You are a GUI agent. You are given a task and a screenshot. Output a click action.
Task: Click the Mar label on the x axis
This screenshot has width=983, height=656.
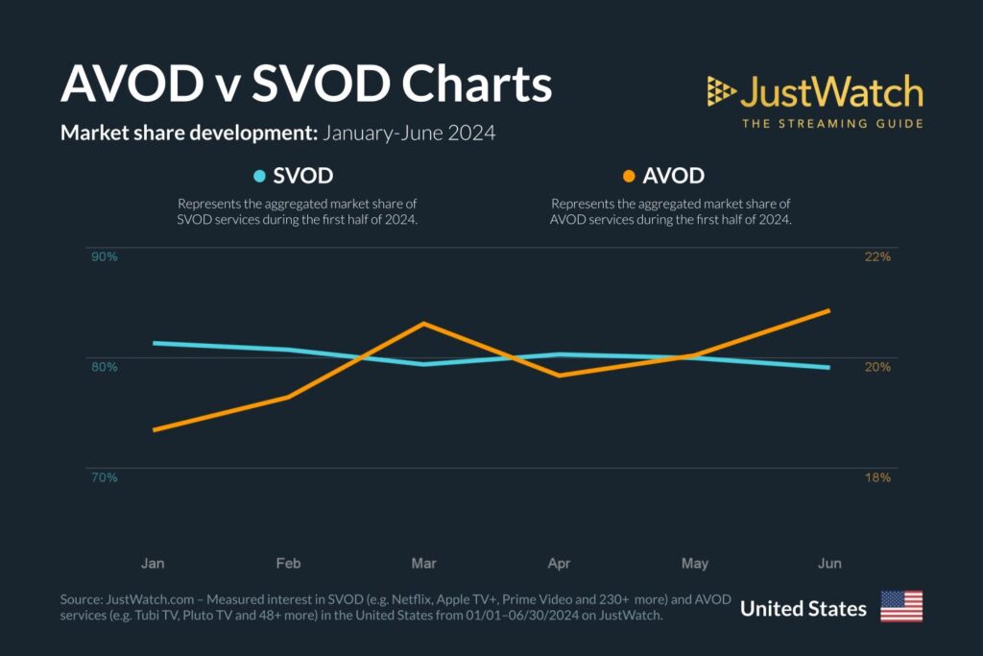(423, 563)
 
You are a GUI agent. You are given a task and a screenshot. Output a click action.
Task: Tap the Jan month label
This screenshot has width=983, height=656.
(153, 563)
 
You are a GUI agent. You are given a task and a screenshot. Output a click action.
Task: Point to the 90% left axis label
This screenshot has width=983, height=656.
(104, 257)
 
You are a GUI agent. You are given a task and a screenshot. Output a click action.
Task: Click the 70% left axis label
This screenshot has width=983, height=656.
(104, 477)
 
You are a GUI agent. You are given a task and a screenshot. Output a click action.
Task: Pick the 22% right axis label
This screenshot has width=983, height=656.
(878, 257)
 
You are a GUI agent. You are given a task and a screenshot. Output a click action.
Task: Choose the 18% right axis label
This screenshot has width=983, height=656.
(878, 477)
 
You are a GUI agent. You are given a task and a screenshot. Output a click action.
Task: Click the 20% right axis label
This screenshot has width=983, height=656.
(878, 366)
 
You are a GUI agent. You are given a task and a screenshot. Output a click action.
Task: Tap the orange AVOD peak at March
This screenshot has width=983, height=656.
(423, 324)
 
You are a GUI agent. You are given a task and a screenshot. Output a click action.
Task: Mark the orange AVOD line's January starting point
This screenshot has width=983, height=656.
(155, 429)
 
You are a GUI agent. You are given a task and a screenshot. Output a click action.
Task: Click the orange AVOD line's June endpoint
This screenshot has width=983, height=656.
(828, 310)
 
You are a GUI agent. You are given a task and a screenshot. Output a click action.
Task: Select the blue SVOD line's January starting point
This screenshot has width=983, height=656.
(155, 343)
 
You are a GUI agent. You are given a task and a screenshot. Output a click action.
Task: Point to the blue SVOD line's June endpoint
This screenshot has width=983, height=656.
(828, 367)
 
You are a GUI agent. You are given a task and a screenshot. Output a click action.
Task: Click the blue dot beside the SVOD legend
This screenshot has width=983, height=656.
(259, 177)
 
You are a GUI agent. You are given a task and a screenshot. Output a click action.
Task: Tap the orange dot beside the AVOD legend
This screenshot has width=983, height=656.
(629, 177)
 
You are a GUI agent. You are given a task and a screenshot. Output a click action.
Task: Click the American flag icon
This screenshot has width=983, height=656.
(900, 607)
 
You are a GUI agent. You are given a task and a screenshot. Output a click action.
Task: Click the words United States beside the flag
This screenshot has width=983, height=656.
(803, 608)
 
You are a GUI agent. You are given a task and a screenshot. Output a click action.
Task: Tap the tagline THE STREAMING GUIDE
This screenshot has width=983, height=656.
(832, 123)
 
